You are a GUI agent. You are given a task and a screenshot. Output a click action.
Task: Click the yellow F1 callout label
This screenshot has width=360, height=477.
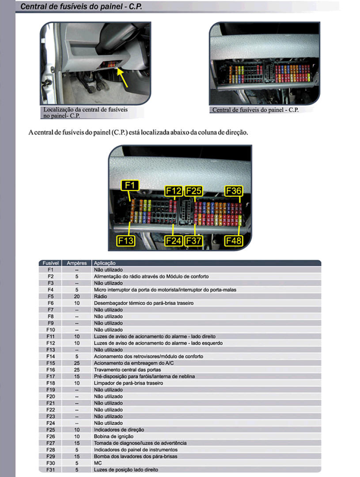click(x=130, y=185)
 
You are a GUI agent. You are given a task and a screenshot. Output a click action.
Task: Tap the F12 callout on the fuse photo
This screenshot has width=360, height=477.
click(x=173, y=191)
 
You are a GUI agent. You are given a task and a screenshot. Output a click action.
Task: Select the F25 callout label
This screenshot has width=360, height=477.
click(x=193, y=191)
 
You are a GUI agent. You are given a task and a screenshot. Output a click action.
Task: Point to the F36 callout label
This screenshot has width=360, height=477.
click(x=234, y=191)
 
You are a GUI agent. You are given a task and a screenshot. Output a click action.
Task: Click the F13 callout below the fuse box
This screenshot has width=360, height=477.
click(x=125, y=240)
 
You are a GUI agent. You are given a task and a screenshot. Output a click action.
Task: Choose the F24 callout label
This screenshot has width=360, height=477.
click(x=173, y=240)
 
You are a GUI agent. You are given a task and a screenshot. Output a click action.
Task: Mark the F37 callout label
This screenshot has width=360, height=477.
click(x=193, y=240)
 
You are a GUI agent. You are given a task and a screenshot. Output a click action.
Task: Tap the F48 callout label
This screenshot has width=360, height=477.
click(x=234, y=240)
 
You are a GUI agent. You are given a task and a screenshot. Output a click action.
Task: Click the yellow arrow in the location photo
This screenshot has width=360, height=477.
click(x=122, y=78)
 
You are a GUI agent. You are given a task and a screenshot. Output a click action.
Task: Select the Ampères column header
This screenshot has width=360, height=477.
click(x=76, y=263)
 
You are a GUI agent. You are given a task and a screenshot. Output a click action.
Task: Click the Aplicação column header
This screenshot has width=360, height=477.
click(x=105, y=263)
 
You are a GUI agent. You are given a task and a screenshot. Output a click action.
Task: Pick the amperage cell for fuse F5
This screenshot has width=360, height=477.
click(x=76, y=296)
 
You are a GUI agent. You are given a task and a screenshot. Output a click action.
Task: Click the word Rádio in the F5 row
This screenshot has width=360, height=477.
click(x=100, y=296)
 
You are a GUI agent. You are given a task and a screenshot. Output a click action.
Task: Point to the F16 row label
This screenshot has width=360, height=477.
click(x=50, y=370)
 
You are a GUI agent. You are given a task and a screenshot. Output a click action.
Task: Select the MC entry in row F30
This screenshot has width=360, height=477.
click(x=98, y=463)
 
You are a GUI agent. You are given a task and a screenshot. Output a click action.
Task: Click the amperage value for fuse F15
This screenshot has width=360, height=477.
click(x=76, y=363)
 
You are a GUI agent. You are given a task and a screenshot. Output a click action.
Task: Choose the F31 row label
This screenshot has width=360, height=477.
click(x=50, y=469)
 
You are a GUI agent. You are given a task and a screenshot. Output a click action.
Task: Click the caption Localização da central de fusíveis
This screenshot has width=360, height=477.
click(x=85, y=110)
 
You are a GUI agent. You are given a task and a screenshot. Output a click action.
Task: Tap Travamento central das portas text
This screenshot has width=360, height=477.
click(x=127, y=370)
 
